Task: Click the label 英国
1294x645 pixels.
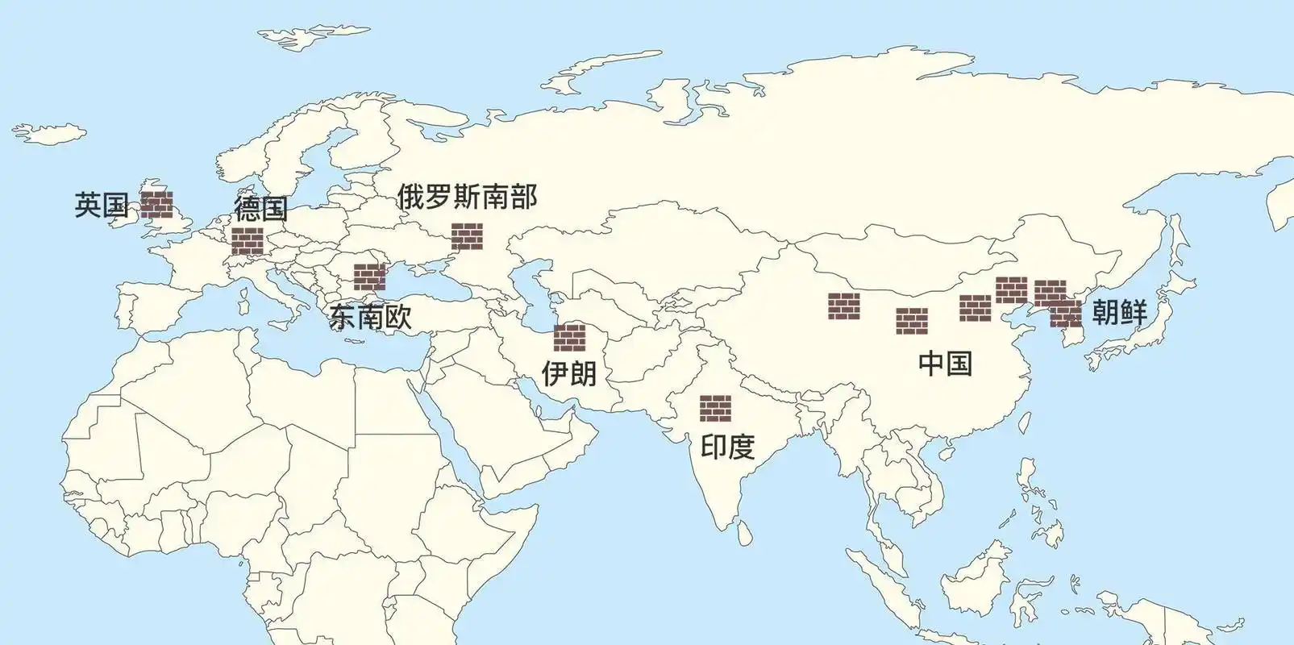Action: tap(102, 206)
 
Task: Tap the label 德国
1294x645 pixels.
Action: tap(260, 208)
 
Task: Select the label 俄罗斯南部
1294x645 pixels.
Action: tap(467, 197)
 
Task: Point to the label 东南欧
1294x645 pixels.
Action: tap(371, 316)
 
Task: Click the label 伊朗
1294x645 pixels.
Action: tap(569, 372)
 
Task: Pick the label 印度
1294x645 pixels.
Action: tap(727, 446)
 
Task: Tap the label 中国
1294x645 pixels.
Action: tap(945, 363)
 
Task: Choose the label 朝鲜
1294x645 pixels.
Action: tap(1119, 312)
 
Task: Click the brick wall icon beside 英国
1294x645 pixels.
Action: tap(156, 205)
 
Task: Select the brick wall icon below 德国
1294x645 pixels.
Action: tap(248, 241)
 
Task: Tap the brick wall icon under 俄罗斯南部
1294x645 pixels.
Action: tap(467, 236)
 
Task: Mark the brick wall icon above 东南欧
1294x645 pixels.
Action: tap(370, 277)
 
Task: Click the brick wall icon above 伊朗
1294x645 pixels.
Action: tap(569, 337)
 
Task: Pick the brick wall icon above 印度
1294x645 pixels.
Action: tap(715, 408)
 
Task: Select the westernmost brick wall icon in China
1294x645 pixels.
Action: tap(843, 306)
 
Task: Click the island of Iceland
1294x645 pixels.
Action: tap(49, 133)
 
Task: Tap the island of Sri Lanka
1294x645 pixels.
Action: tap(747, 531)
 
